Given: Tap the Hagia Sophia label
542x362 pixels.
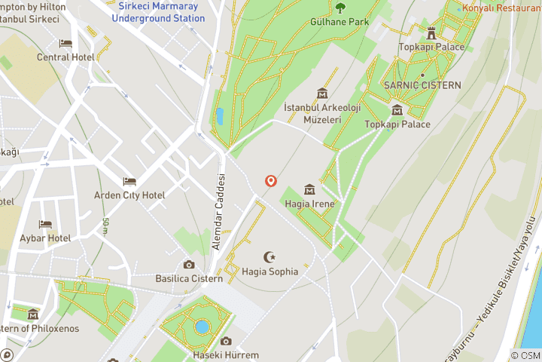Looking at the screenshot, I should click(x=270, y=271).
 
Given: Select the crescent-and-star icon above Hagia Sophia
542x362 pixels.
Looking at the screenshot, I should click(x=269, y=257).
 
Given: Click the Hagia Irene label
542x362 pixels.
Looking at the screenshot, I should click(x=309, y=204).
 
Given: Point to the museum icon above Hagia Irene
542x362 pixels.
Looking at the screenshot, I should click(x=309, y=189).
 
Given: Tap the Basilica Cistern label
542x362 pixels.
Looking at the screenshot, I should click(x=189, y=278).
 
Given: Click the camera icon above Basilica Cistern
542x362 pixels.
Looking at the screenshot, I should click(x=189, y=265).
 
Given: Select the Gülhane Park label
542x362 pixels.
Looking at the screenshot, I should click(x=340, y=22).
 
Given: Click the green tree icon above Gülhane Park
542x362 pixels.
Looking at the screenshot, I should click(x=340, y=8).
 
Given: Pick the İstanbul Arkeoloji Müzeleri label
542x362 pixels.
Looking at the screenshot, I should click(x=313, y=114).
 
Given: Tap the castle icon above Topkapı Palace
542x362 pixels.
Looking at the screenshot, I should click(x=431, y=32).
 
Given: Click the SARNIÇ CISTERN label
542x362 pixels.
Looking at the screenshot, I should click(x=422, y=85).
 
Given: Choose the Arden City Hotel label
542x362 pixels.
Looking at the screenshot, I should click(x=129, y=195).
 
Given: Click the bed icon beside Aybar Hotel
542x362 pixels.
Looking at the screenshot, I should click(x=45, y=225).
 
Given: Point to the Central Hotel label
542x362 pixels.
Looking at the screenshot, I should click(x=65, y=57).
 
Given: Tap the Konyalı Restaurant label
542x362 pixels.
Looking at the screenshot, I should click(x=503, y=8).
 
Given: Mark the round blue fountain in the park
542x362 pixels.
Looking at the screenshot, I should click(x=202, y=327).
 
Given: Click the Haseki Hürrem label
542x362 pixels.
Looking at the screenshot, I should click(x=226, y=355).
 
